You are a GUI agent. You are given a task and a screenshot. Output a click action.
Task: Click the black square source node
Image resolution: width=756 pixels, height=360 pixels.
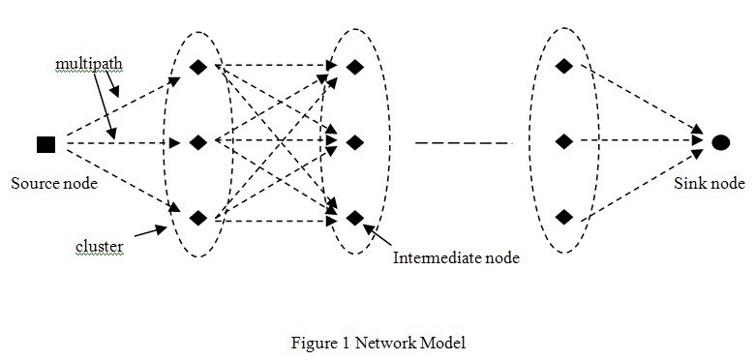click(x=45, y=144)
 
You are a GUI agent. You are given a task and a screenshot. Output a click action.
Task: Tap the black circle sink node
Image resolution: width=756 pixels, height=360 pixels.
click(x=720, y=143)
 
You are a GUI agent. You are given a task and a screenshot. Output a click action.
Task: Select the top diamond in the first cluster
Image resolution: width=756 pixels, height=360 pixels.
click(x=198, y=68)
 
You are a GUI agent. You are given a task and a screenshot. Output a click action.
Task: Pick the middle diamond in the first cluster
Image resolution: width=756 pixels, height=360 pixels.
click(x=198, y=143)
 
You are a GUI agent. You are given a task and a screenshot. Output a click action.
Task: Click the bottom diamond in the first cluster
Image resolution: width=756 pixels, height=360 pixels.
click(x=198, y=218)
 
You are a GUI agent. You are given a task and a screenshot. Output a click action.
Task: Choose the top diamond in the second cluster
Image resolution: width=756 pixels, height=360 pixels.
click(x=355, y=68)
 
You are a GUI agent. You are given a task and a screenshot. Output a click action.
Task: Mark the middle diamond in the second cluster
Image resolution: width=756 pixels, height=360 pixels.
click(x=355, y=143)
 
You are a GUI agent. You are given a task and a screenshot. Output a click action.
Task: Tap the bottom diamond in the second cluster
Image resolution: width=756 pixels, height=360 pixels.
click(x=355, y=218)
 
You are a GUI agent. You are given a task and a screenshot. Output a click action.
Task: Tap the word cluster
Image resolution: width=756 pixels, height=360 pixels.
click(x=100, y=248)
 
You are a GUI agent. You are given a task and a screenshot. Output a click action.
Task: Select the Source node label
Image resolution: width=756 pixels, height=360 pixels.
click(x=54, y=183)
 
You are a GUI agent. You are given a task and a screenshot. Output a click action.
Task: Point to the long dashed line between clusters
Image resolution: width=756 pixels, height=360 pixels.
click(x=463, y=143)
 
